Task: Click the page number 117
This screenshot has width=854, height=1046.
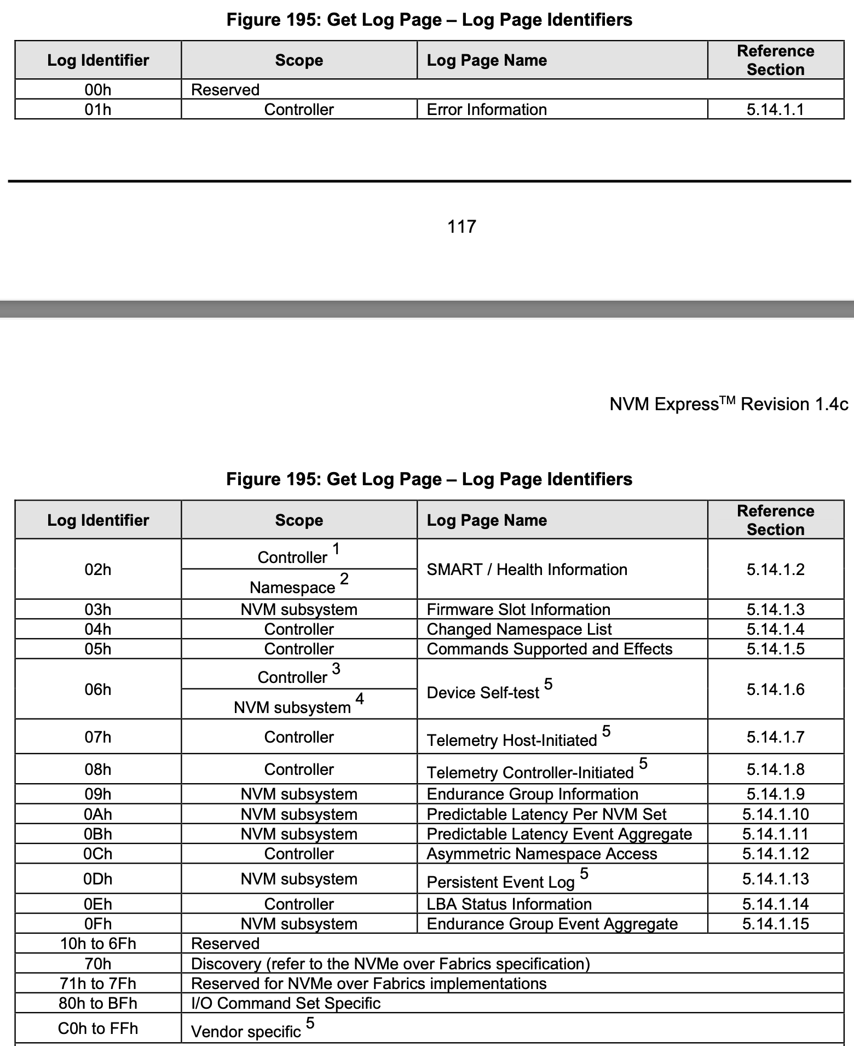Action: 461,226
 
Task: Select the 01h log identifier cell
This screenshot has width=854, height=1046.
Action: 98,110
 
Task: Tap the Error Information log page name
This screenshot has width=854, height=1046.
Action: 487,110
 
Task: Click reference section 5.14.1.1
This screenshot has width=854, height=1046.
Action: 775,110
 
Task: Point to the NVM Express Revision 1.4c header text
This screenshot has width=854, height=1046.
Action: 729,404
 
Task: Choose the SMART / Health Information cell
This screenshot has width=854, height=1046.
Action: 527,570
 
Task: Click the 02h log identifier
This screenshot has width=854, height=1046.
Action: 98,570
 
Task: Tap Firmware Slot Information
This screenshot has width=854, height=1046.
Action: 518,610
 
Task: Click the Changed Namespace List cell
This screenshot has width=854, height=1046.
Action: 519,629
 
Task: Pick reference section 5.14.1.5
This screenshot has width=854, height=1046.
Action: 775,649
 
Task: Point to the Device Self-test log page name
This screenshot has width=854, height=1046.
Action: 483,692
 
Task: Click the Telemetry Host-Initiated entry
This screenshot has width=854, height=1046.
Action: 512,740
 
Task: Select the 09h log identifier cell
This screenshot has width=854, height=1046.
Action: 98,794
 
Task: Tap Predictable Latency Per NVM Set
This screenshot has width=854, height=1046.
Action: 546,814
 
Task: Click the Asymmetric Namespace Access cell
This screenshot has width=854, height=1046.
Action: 541,854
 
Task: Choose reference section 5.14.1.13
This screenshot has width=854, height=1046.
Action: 775,879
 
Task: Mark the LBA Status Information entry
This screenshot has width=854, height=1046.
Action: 509,904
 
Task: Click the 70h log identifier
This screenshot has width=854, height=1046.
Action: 98,964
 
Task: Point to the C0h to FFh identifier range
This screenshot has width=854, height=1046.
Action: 98,1028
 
